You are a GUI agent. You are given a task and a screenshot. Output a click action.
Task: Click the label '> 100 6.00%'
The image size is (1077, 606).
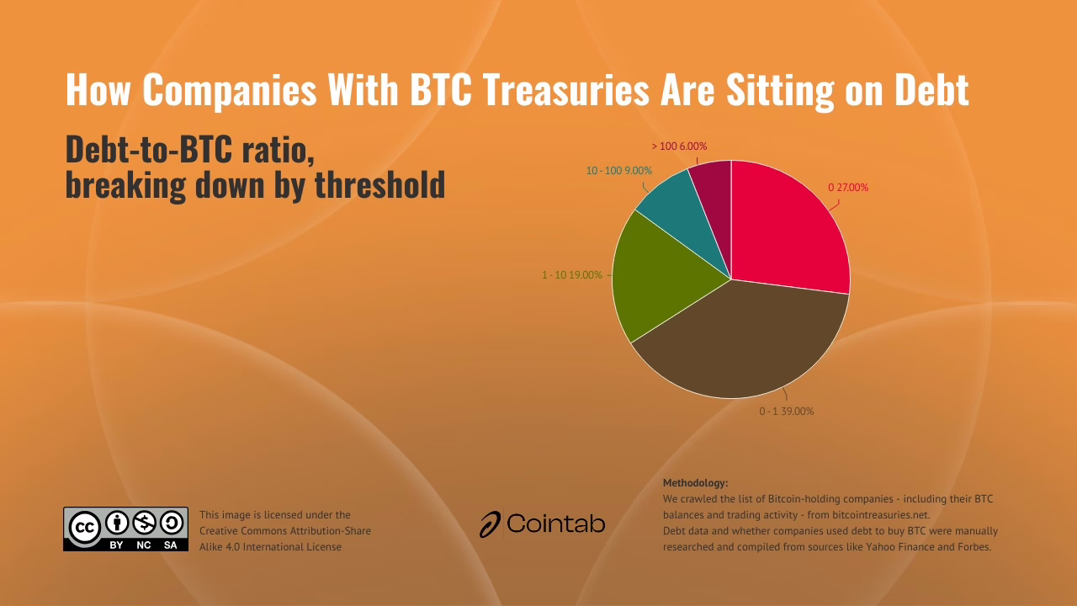679,146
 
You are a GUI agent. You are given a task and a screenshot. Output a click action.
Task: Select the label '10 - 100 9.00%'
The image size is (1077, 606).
618,171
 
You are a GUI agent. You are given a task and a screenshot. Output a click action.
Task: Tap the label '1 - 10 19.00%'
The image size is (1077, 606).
571,275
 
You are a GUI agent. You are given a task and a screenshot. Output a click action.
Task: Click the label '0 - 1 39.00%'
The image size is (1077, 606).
787,412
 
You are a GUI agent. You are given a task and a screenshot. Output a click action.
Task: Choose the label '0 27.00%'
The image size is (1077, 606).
848,188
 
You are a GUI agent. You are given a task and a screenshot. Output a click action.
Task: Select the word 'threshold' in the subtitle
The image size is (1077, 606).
379,183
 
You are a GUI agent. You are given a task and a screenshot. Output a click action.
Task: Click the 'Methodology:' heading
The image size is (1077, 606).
695,483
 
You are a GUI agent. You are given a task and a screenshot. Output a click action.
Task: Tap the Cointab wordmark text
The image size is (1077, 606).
556,524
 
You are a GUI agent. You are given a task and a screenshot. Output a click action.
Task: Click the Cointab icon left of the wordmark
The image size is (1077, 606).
491,524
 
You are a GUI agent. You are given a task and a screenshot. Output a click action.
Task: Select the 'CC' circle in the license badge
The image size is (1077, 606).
85,528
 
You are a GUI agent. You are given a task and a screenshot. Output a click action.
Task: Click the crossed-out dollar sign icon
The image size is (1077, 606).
145,524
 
